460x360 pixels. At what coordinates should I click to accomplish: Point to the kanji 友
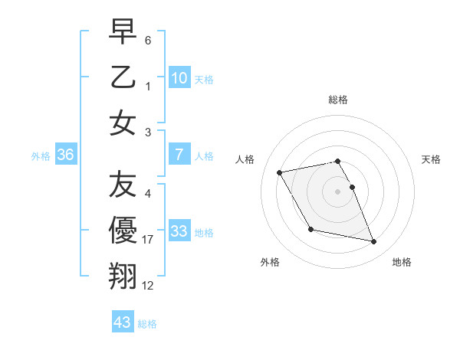pos(123,185)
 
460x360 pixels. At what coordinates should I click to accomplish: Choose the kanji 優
pos(123,231)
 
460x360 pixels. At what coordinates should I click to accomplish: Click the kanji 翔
pos(123,276)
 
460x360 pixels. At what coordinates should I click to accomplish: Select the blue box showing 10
pos(179,77)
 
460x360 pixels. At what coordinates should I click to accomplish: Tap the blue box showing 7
pos(179,155)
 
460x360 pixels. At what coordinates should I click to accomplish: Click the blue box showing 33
pos(179,231)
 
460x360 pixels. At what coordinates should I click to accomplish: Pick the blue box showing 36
pos(66,155)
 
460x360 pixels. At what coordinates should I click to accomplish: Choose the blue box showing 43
pos(122,322)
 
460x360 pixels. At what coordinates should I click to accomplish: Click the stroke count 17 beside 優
pos(148,240)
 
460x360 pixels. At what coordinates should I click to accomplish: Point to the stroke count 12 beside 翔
pos(148,285)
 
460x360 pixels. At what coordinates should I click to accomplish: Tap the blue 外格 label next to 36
pos(41,155)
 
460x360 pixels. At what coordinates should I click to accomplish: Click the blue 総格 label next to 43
pos(147,324)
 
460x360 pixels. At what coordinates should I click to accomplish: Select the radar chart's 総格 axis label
pos(338,100)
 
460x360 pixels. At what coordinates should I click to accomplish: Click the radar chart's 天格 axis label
pos(432,159)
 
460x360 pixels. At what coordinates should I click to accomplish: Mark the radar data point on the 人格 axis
pos(280,172)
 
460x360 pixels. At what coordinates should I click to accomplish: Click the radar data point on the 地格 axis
pos(374,242)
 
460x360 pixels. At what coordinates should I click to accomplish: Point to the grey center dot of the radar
pos(338,191)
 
